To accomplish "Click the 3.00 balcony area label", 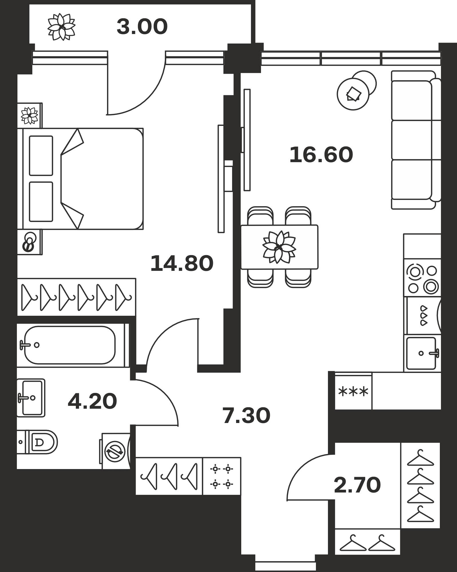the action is (142, 27).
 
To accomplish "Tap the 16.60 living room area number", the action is (321, 155).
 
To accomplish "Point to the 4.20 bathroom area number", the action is (92, 401).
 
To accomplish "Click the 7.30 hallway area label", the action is (246, 416).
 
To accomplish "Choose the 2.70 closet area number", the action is (357, 485).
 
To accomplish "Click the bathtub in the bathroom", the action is (70, 345).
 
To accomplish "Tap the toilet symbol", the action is (37, 442).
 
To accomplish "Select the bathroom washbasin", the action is (31, 398).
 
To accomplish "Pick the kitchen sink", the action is (422, 353).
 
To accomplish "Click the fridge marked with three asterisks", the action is (353, 391).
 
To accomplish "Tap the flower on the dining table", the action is (279, 247).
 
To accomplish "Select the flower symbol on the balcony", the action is (61, 27).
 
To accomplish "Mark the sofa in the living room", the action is (416, 140).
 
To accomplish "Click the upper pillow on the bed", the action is (41, 156).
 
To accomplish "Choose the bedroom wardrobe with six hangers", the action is (76, 297).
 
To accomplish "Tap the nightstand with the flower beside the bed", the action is (30, 116).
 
